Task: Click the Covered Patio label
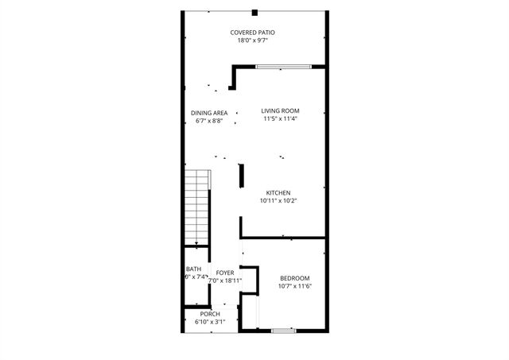click(x=247, y=33)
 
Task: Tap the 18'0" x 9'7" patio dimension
click(x=247, y=41)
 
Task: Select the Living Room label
click(x=282, y=110)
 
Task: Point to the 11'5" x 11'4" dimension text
click(x=282, y=119)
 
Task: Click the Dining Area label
click(x=209, y=113)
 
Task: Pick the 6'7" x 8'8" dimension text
click(x=209, y=122)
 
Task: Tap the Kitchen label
click(x=278, y=193)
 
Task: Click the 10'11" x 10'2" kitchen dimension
click(x=278, y=202)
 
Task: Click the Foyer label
click(x=225, y=273)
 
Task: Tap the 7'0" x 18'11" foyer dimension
click(x=225, y=281)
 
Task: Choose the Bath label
click(x=193, y=269)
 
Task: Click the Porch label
click(x=210, y=314)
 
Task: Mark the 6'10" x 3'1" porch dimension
click(x=210, y=322)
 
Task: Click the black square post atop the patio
click(x=254, y=12)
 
